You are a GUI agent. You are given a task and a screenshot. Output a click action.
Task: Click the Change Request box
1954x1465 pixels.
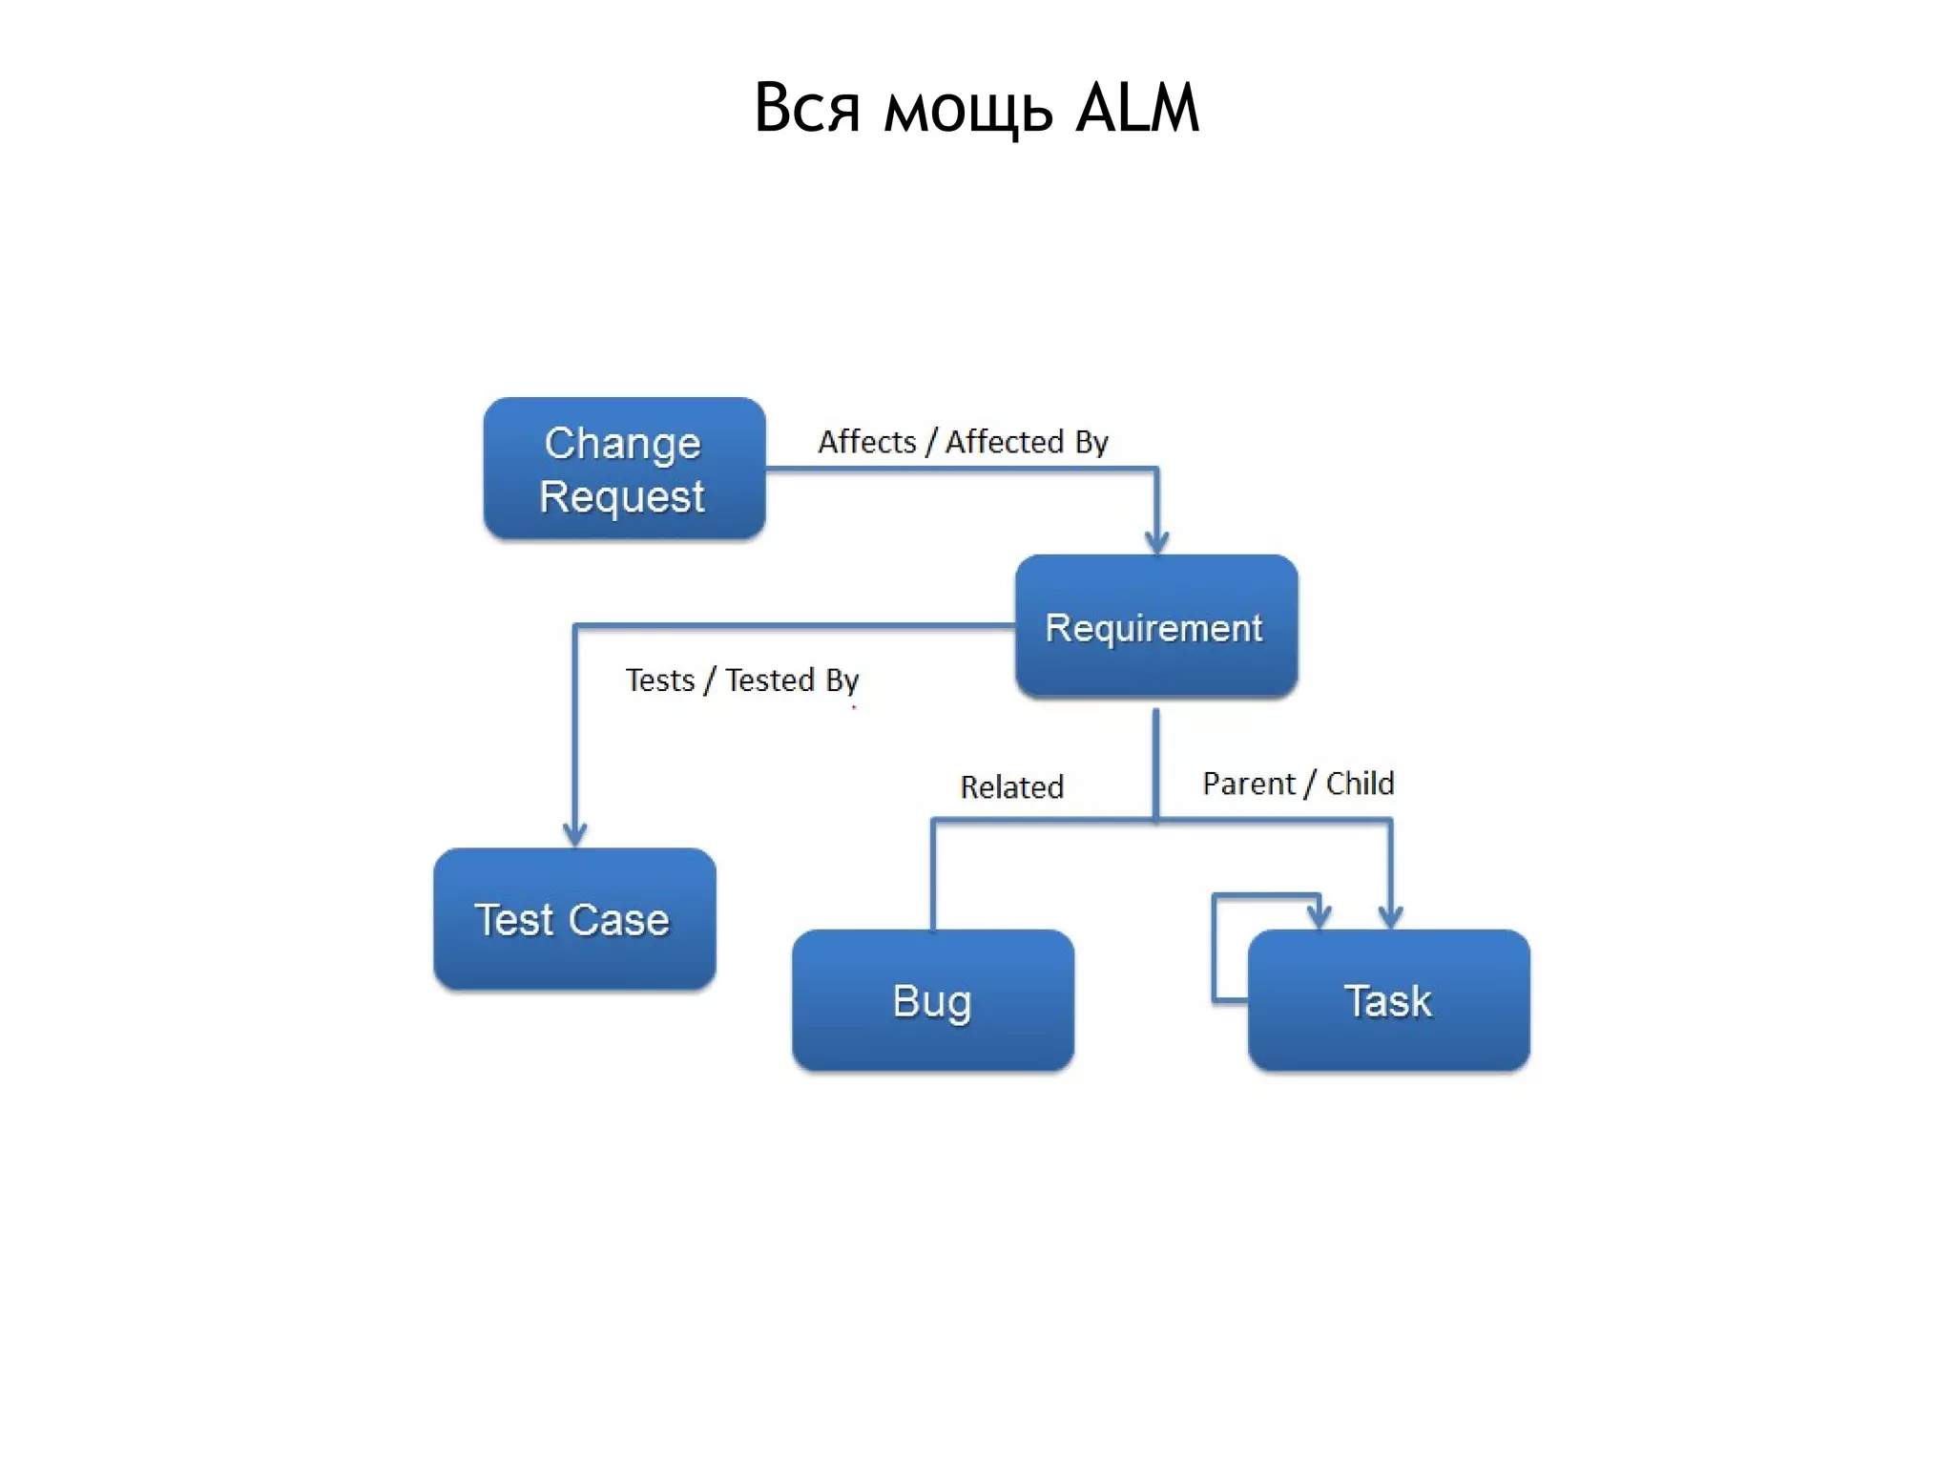coord(624,469)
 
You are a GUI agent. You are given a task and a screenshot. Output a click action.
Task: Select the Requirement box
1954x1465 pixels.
coord(1155,626)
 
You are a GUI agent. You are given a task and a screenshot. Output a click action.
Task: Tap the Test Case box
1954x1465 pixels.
coord(573,919)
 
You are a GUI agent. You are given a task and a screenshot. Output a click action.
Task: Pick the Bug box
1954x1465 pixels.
coord(932,1000)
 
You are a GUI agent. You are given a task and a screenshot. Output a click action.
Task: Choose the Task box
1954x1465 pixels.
coord(1388,1000)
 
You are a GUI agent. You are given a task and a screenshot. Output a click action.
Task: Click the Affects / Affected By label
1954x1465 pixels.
coord(963,442)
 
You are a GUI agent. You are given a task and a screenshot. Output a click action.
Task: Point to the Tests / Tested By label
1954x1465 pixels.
coord(741,680)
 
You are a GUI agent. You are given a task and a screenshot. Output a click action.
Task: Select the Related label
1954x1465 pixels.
coord(1011,787)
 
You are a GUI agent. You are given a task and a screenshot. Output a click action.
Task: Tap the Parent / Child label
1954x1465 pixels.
coord(1298,784)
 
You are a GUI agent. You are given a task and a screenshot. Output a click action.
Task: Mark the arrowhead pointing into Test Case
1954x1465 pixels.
coord(574,834)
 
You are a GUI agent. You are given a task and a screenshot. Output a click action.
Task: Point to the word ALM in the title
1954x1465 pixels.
coord(1136,108)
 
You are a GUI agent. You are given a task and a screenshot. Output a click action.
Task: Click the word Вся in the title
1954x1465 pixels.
coord(807,108)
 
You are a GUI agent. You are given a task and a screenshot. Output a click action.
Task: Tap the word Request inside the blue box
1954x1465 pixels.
coord(622,497)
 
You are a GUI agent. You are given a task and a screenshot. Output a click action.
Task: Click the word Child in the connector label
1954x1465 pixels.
coord(1360,784)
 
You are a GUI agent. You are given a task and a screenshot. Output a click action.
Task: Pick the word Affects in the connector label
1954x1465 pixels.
coord(866,442)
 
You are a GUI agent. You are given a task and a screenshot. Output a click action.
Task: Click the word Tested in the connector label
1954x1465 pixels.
coord(770,680)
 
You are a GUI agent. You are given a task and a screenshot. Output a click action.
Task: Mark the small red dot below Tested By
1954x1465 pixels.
coord(854,707)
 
